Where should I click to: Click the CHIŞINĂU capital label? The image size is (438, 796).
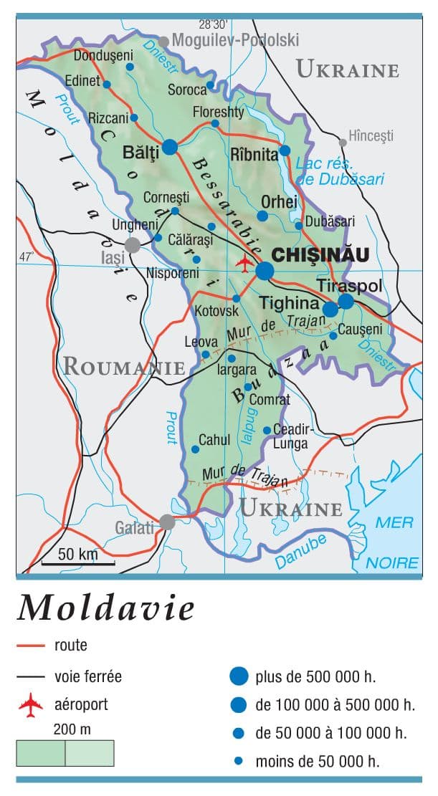point(320,254)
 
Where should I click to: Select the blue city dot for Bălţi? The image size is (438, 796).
point(170,147)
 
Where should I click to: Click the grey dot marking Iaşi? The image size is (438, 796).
point(132,246)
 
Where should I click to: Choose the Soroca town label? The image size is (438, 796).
point(186,90)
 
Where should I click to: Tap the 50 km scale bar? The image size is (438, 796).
point(77,564)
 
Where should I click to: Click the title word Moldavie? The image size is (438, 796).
point(106,608)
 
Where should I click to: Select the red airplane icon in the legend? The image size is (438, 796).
point(32,705)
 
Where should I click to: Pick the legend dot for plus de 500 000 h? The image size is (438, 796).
point(239,676)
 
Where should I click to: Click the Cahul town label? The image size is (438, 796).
point(214,440)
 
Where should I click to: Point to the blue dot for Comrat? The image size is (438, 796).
point(248,387)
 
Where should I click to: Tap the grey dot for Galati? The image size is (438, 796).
point(167,522)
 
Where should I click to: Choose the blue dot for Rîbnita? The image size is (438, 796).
point(285,150)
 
